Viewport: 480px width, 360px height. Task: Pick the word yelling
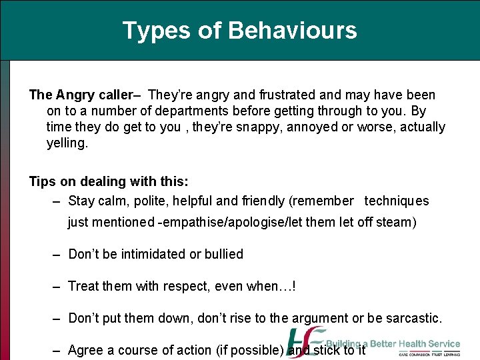(67, 143)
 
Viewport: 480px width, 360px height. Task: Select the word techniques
(397, 201)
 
